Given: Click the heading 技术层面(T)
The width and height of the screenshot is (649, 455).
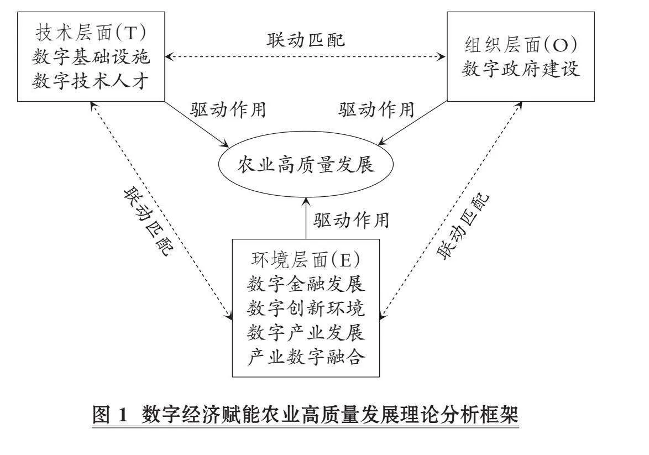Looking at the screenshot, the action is click(x=91, y=33).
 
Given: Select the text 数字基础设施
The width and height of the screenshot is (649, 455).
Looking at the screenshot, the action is click(x=91, y=57).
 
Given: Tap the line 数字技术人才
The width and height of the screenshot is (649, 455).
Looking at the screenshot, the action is click(x=91, y=81).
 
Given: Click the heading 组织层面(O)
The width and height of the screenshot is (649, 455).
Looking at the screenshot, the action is click(x=521, y=45).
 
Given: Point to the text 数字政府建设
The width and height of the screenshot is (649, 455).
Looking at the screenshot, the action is click(x=521, y=69).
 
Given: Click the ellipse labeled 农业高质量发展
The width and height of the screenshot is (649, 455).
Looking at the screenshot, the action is click(x=306, y=165).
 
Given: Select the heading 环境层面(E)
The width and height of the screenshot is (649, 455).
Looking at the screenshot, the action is click(x=306, y=260).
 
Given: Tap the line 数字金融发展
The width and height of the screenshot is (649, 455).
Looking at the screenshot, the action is click(x=306, y=284).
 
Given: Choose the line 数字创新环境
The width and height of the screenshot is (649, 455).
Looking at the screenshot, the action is click(x=306, y=308).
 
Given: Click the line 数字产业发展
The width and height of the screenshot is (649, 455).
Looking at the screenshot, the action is click(x=306, y=332).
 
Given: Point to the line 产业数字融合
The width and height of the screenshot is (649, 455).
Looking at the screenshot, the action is click(x=306, y=357).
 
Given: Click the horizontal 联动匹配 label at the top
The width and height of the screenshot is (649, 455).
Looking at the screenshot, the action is click(x=306, y=40).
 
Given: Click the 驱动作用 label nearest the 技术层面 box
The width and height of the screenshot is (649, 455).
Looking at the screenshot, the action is click(x=228, y=109).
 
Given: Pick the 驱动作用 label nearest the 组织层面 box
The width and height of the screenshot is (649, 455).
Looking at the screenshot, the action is click(x=376, y=109).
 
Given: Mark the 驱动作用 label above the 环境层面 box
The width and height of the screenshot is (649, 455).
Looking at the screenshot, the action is click(x=352, y=220).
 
